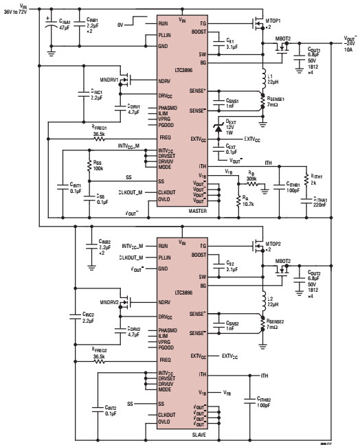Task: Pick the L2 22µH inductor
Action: point(263,301)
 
